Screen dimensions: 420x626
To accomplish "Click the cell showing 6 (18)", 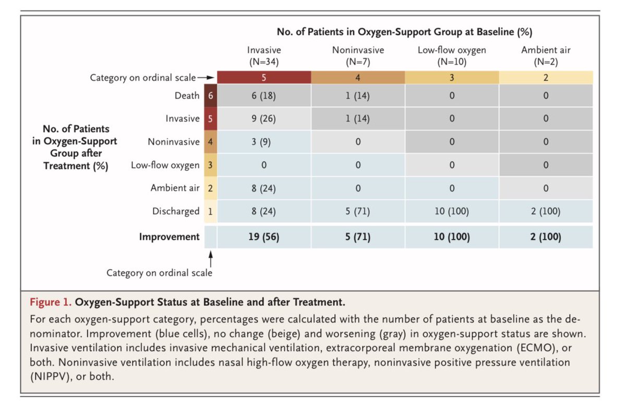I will point(263,95).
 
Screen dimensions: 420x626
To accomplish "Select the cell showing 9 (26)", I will point(263,118).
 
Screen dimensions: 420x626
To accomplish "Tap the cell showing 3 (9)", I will point(263,142).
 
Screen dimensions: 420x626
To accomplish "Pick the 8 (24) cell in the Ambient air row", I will point(263,188).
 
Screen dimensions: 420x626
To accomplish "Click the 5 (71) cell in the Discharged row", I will point(357,211).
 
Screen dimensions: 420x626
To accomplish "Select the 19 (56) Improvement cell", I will point(263,237).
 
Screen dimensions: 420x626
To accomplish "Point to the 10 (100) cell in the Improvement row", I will point(451,237).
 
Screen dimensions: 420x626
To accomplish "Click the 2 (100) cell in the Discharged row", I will point(545,211).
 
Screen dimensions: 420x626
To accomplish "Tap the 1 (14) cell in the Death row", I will point(357,95).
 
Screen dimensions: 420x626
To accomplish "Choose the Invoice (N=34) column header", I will point(263,55).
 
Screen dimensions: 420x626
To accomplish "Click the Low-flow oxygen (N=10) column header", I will point(451,55).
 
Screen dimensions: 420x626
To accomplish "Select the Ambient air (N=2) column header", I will point(545,55).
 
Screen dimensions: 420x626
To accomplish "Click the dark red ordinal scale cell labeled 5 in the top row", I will point(263,78).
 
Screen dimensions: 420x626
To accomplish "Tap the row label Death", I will point(187,95).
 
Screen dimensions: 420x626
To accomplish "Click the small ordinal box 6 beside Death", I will point(210,95).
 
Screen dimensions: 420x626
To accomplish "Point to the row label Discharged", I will point(176,211).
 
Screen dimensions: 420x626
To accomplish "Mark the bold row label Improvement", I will point(169,237).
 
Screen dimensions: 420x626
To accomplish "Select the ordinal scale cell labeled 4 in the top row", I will point(357,78).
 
